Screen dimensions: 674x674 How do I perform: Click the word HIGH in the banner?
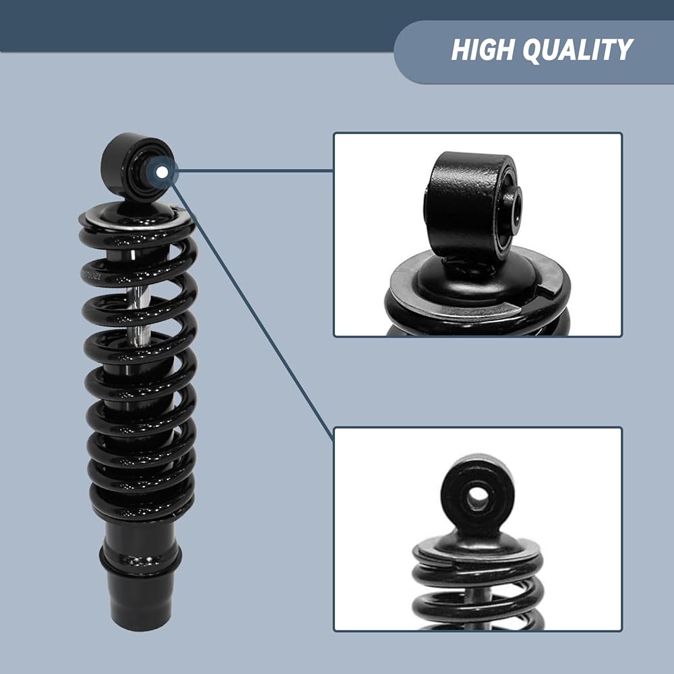point(483,49)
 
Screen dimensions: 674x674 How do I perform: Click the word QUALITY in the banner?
point(578,50)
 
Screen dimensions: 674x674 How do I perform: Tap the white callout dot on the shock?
point(162,172)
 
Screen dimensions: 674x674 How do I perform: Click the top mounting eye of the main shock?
point(137,166)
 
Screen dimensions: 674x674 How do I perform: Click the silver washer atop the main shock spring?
point(137,217)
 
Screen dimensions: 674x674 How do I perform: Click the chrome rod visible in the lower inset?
point(478,595)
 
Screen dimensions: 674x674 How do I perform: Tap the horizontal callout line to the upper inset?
point(255,171)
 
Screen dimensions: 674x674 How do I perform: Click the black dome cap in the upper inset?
point(477,280)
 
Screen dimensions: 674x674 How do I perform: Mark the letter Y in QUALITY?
point(621,50)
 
